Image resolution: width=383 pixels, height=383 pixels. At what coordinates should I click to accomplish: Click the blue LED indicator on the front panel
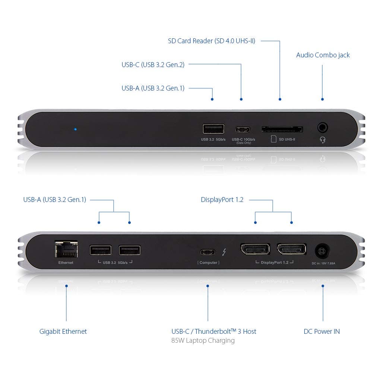[x=76, y=129]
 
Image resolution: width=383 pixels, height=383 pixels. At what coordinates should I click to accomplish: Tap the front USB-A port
[x=213, y=129]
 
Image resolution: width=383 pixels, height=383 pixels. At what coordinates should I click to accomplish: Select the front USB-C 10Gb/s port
[x=243, y=130]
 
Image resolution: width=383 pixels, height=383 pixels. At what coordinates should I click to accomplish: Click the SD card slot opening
[x=282, y=129]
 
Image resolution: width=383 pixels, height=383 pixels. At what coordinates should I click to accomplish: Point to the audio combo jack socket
[x=323, y=128]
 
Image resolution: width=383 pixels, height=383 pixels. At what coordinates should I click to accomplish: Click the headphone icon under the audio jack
[x=323, y=139]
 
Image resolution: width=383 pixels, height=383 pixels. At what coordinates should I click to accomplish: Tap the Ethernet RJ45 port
[x=66, y=249]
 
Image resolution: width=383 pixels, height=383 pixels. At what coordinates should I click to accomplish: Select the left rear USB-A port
[x=101, y=250]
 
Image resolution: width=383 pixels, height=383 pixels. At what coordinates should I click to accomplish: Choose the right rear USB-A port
[x=130, y=250]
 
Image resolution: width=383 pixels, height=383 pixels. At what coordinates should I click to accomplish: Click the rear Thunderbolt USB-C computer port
[x=208, y=251]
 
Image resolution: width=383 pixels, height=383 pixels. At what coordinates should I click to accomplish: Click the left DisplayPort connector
[x=255, y=249]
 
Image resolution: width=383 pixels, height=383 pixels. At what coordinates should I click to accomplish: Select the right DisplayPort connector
[x=291, y=249]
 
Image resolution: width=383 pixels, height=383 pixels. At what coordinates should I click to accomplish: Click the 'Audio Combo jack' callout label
[x=323, y=55]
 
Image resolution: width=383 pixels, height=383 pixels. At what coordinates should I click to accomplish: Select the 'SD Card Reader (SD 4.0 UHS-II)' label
[x=211, y=41]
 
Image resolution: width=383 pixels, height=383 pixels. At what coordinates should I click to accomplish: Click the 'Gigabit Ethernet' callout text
[x=63, y=331]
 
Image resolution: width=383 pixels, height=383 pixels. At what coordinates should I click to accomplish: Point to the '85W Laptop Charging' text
[x=203, y=341]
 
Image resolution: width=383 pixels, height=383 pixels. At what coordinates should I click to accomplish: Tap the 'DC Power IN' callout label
[x=322, y=331]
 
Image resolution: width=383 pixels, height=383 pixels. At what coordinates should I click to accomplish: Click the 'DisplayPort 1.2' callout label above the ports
[x=222, y=200]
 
